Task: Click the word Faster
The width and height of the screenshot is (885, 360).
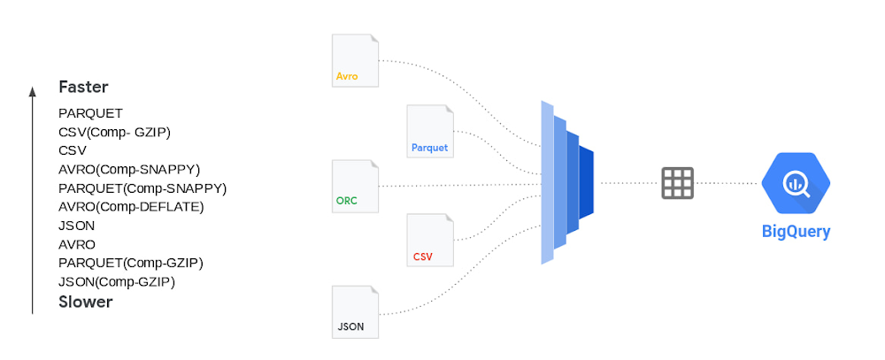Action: (x=83, y=87)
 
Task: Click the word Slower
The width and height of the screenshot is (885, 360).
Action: (x=85, y=302)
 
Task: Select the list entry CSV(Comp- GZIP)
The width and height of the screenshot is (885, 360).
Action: (x=114, y=132)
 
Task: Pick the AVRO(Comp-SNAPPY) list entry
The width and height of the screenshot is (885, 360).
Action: (x=129, y=169)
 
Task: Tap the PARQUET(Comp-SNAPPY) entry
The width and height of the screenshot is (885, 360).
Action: (x=142, y=188)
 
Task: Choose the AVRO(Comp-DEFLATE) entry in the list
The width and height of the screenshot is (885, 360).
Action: (x=131, y=207)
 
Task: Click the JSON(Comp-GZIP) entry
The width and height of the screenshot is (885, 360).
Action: (x=117, y=282)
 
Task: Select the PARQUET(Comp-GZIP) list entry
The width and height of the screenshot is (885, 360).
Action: (x=130, y=263)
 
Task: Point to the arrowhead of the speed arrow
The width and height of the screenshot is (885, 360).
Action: (x=32, y=89)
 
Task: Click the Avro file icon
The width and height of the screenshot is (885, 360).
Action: (x=355, y=60)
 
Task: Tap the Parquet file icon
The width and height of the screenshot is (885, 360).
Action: (x=430, y=131)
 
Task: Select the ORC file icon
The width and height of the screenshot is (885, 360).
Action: (x=355, y=186)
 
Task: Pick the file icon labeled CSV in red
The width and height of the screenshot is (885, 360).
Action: (x=430, y=240)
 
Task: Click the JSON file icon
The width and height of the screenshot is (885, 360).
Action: (x=355, y=311)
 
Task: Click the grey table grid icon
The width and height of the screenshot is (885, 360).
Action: (x=677, y=183)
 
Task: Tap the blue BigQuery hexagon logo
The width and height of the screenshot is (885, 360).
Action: (x=796, y=183)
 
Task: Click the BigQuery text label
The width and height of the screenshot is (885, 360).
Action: (x=796, y=232)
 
